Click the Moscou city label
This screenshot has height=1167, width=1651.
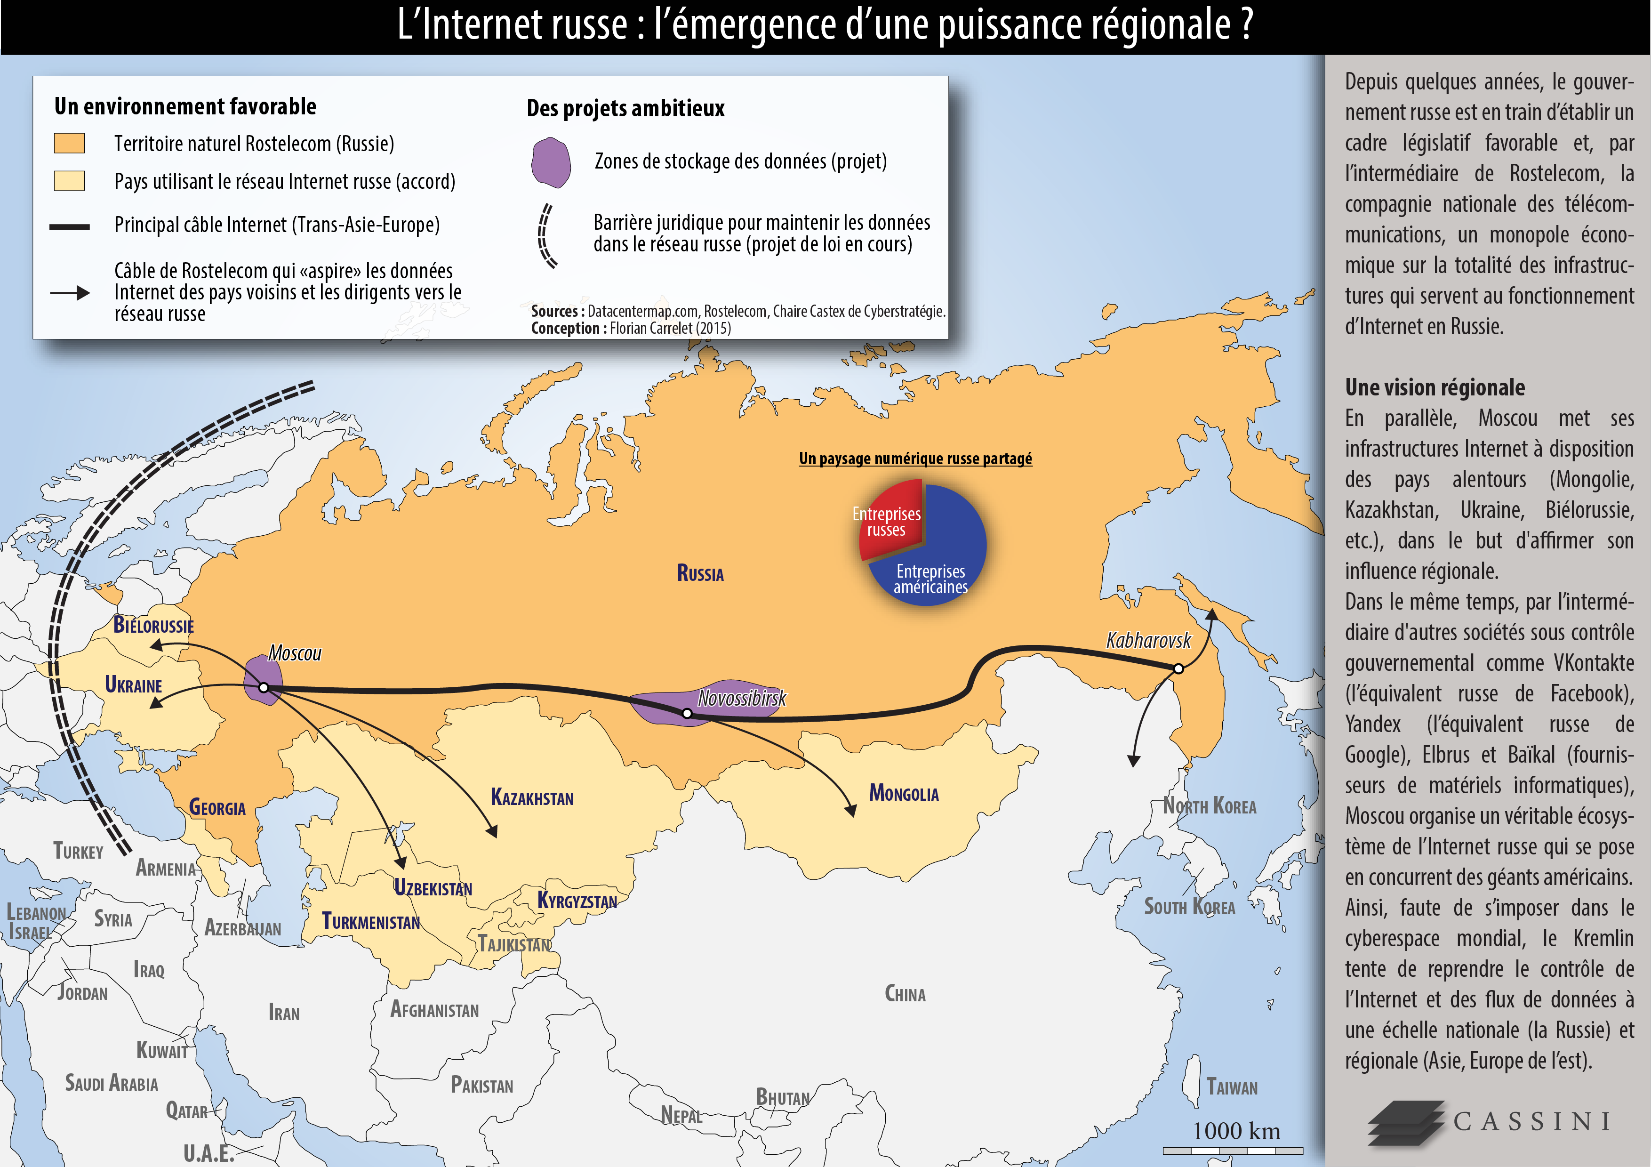294,653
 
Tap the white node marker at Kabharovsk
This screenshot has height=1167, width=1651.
1178,668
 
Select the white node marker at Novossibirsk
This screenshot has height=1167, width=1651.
687,713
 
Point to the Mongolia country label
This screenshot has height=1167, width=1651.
904,793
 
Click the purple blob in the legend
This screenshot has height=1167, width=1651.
551,162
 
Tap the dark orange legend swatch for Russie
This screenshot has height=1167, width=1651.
69,143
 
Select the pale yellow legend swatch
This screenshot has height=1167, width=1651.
69,180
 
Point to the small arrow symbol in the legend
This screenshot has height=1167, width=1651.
70,293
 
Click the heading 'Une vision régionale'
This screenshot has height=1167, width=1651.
1435,387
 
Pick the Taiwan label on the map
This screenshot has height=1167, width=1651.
1232,1087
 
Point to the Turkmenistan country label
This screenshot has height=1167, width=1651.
370,921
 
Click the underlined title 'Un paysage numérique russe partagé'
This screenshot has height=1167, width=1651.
915,459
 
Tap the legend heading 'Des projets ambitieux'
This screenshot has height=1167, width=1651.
625,109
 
